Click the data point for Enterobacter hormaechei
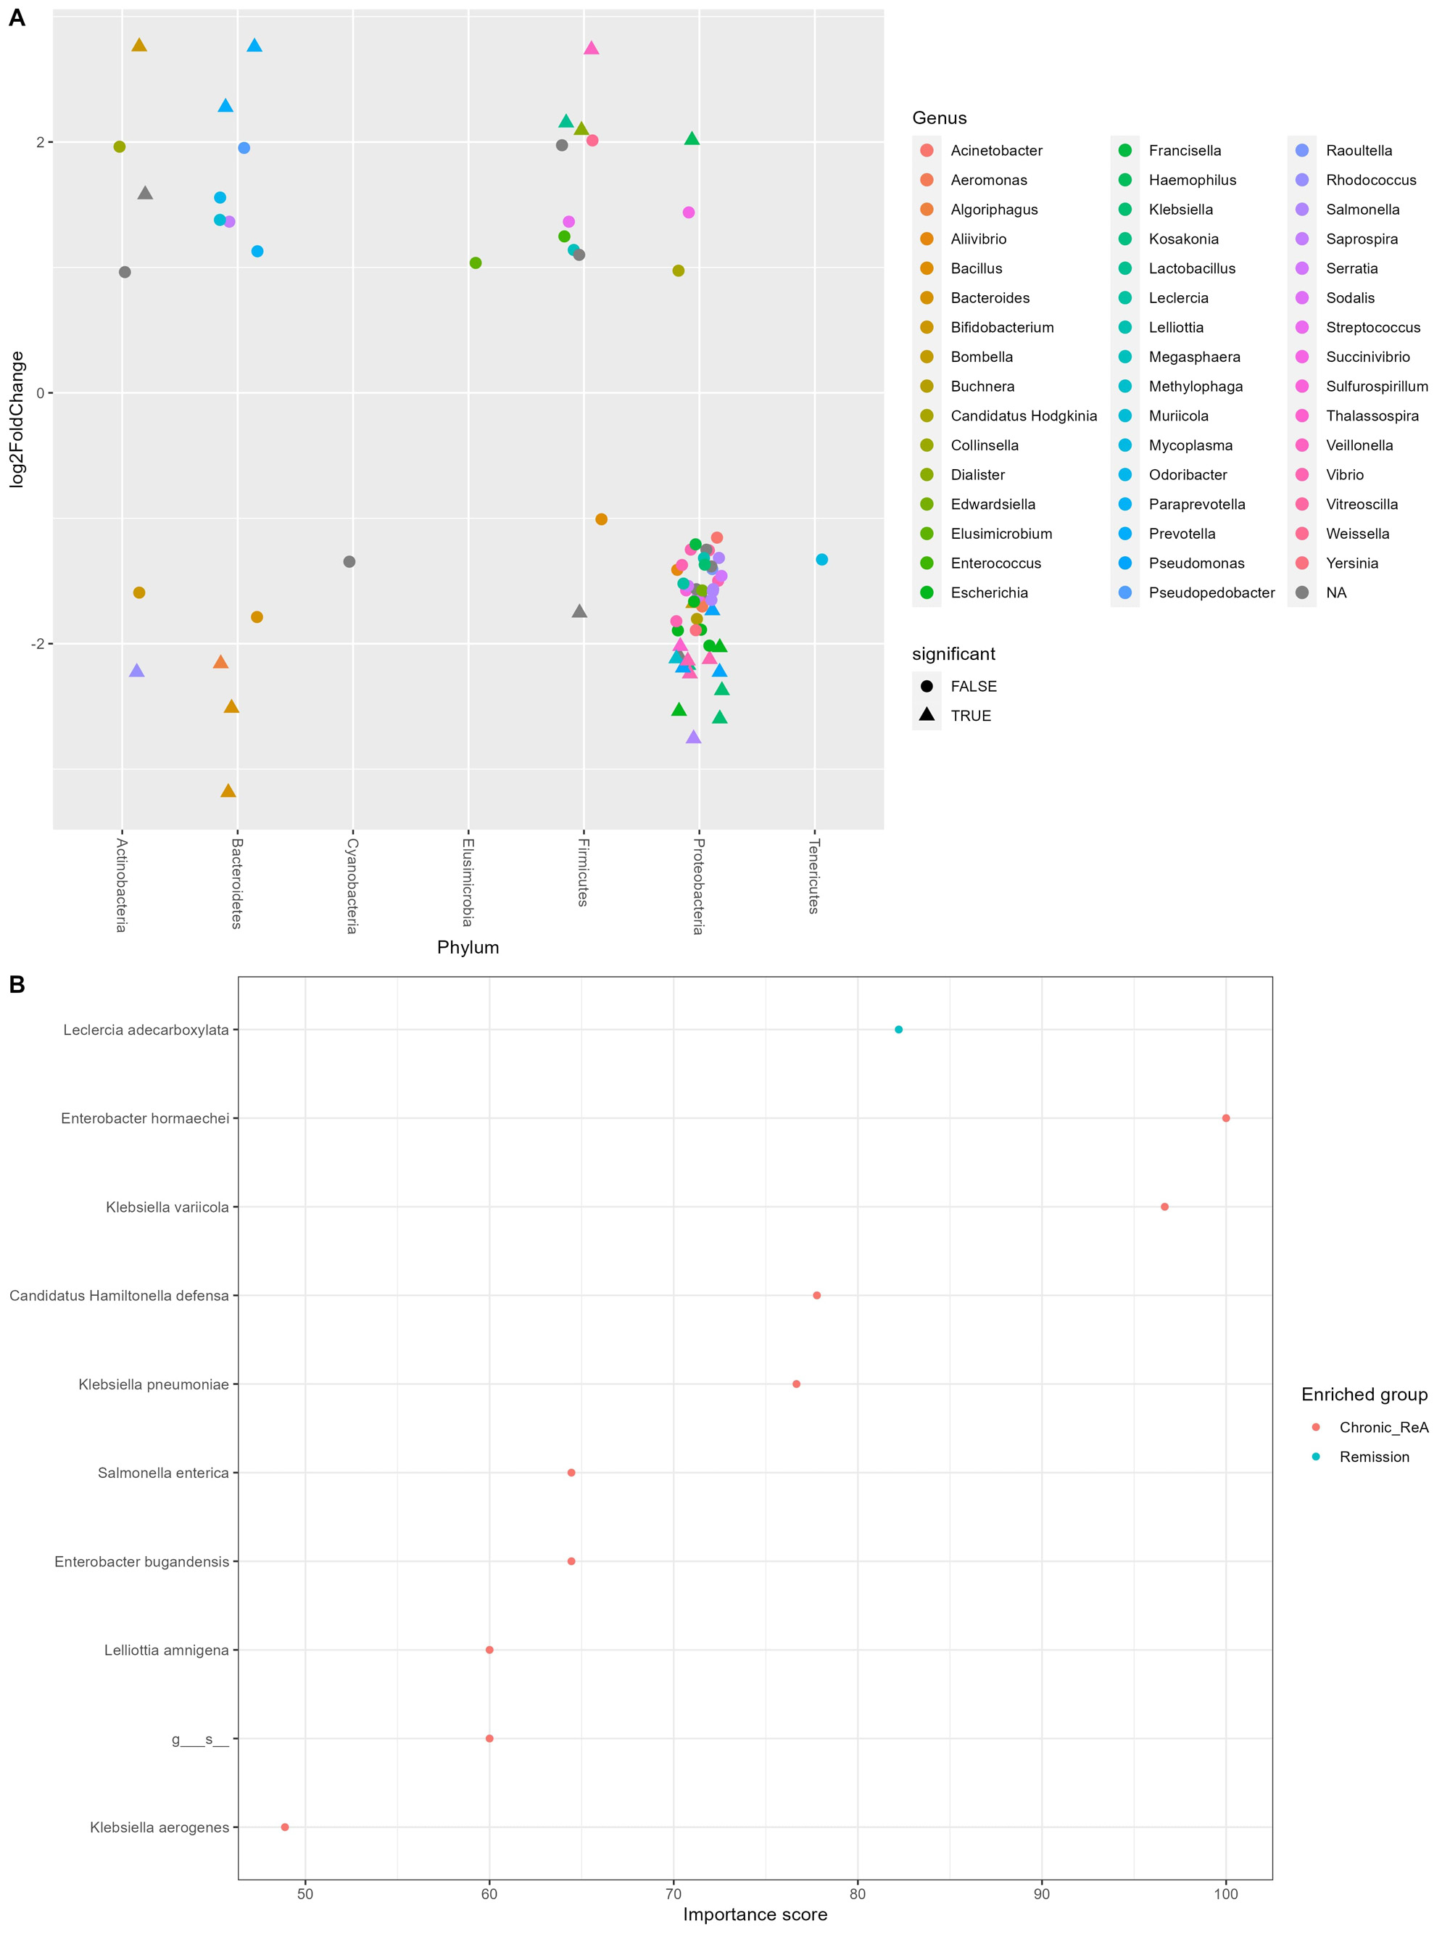point(1225,1118)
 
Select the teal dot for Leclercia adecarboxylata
point(898,1030)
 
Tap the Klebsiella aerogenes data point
point(285,1827)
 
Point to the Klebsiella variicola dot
point(1164,1207)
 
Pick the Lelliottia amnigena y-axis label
point(166,1650)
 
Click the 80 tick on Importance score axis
point(858,1894)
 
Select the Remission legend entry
point(1374,1457)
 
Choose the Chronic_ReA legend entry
point(1383,1428)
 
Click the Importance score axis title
point(754,1914)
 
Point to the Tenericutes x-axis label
point(813,876)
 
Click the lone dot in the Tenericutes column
point(821,560)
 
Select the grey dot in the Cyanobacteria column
point(349,561)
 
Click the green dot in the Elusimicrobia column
point(476,263)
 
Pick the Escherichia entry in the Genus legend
point(988,592)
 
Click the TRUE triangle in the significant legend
point(927,715)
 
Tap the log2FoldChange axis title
point(17,419)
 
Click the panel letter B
point(17,985)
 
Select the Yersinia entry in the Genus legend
point(1351,563)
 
